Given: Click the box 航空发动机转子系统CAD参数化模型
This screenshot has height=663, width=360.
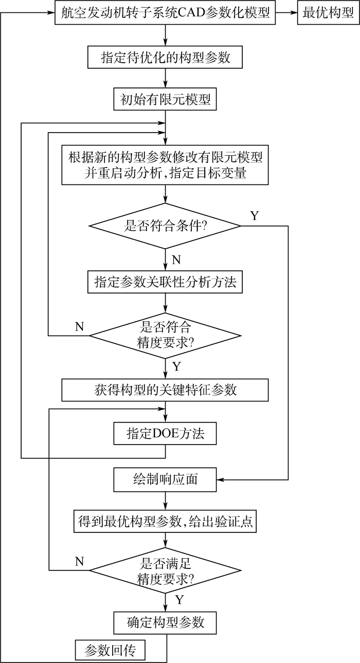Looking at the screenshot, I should (165, 13).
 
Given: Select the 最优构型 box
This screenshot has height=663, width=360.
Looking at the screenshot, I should (328, 13).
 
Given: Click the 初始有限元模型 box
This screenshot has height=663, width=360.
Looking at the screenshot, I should (165, 100).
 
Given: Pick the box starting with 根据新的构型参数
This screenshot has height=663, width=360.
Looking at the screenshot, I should (165, 164).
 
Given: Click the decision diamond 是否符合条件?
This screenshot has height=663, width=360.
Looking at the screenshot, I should (165, 226).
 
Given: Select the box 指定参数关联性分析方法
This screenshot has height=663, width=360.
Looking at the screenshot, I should (165, 282).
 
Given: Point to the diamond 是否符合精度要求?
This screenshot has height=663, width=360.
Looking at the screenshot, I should (165, 335).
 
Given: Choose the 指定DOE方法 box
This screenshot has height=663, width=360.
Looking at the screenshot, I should (165, 433).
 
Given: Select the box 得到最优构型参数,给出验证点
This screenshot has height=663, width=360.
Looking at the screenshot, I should (165, 522).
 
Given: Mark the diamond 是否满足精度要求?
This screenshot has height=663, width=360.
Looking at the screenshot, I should (165, 570).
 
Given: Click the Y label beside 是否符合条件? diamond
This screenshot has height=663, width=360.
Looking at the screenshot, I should (254, 215).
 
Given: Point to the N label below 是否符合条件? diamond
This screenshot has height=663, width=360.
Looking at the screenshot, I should (176, 260).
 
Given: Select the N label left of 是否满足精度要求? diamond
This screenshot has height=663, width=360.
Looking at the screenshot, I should (79, 561).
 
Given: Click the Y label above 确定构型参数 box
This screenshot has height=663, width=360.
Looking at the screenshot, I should (179, 600).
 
